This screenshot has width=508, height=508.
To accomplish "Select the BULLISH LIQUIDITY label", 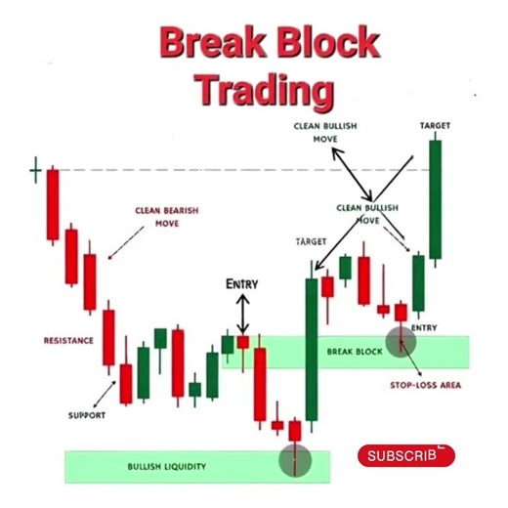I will point(167,467).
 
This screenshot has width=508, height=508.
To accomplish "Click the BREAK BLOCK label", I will point(354,351).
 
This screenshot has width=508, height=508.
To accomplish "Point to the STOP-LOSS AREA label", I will point(425,385).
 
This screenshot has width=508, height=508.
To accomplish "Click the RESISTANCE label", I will point(68,340).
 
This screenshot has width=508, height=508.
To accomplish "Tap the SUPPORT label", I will point(87,415).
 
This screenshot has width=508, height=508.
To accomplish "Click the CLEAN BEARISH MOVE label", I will point(160,216).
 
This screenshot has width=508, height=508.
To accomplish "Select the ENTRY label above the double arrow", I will point(242,284).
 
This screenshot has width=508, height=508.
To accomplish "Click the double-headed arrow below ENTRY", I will point(243,315).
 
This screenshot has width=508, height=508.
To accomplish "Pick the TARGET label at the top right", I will point(435,126).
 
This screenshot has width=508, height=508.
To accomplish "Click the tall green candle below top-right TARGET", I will point(434,200).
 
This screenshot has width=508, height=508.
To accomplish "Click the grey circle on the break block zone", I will point(401,340).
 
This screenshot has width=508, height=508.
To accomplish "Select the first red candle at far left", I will point(53,204).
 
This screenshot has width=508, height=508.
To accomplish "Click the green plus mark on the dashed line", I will point(36,172).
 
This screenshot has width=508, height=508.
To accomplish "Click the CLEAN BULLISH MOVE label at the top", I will point(324,133).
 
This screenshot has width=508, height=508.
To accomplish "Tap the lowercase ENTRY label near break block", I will point(424,327).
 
